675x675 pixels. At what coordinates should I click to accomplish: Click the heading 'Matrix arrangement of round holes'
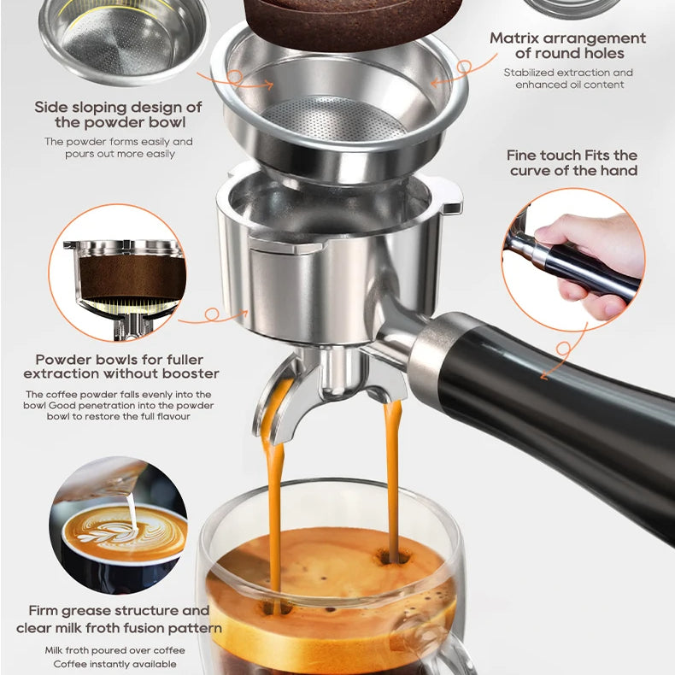click(567, 46)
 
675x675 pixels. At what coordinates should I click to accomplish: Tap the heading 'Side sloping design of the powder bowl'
click(119, 114)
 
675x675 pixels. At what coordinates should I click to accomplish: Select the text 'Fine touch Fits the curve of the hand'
click(572, 162)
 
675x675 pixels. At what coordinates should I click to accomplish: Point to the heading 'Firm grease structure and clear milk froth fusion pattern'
click(119, 619)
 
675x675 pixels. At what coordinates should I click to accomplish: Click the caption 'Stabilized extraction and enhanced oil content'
click(568, 79)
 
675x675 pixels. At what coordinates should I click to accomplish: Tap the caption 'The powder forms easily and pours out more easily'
click(119, 148)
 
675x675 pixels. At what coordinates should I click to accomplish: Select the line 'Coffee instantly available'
click(114, 664)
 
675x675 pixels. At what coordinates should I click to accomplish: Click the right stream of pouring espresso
click(392, 478)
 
